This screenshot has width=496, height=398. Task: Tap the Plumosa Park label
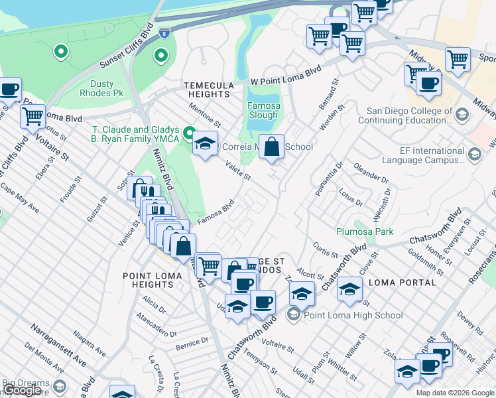tap(364, 232)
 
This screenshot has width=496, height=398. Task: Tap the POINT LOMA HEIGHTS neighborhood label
tap(149, 279)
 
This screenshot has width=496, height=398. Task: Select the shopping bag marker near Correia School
tap(271, 147)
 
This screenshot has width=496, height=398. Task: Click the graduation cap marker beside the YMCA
tap(206, 143)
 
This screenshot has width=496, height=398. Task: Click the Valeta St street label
tap(237, 171)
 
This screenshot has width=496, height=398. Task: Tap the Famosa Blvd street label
tap(216, 213)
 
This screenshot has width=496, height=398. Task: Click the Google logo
tap(21, 390)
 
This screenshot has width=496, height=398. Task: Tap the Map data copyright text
tap(454, 393)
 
